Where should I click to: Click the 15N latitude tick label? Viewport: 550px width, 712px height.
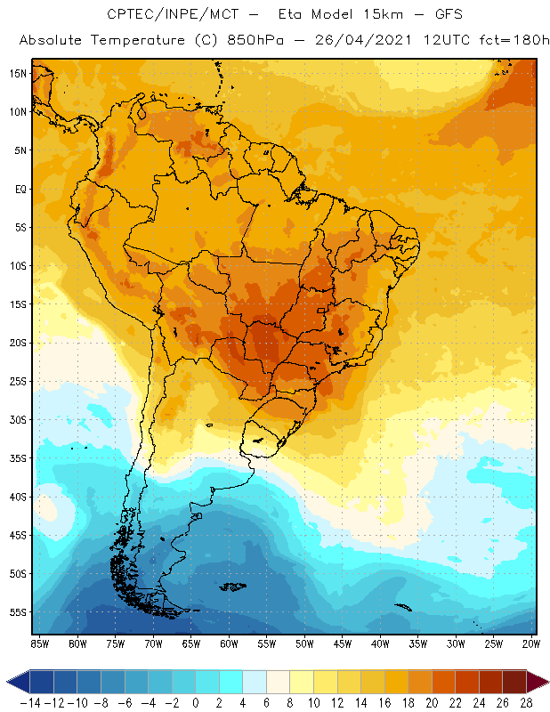point(18,73)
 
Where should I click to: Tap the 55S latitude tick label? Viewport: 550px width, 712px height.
point(18,612)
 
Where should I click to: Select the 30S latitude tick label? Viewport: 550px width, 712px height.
point(18,419)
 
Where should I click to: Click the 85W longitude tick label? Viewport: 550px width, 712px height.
point(39,643)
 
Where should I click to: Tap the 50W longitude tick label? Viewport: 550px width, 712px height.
point(304,643)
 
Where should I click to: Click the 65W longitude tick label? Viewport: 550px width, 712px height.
point(191,643)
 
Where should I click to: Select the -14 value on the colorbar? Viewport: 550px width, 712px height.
point(30,701)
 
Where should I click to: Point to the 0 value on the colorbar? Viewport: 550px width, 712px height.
point(196,701)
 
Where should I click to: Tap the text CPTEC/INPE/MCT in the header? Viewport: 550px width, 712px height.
point(161,15)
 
